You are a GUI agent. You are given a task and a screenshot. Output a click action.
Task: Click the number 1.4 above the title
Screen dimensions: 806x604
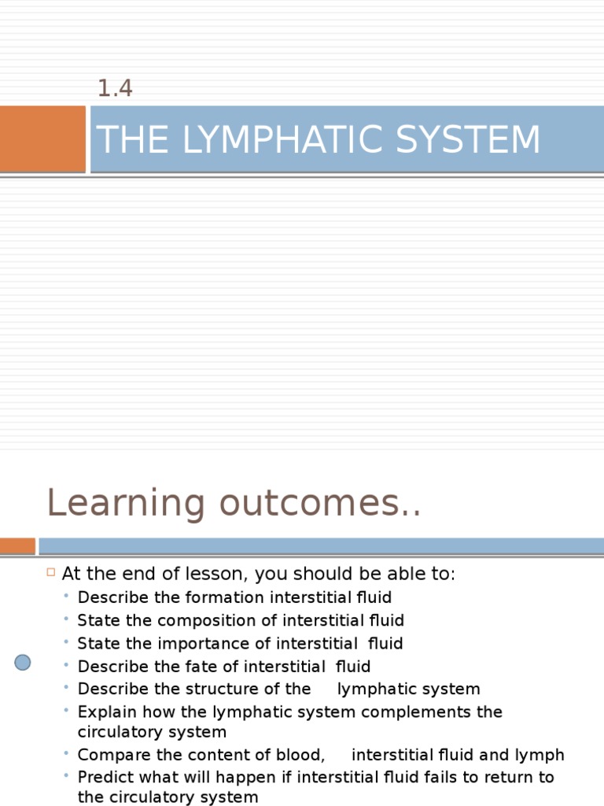(115, 89)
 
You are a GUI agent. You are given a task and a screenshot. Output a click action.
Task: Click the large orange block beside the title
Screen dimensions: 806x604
(42, 139)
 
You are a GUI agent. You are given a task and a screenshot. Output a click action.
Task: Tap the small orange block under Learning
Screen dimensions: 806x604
(17, 545)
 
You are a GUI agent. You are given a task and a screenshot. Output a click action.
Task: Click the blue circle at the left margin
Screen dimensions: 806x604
(23, 663)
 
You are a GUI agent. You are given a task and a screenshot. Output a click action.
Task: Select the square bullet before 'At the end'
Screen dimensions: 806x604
(50, 572)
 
